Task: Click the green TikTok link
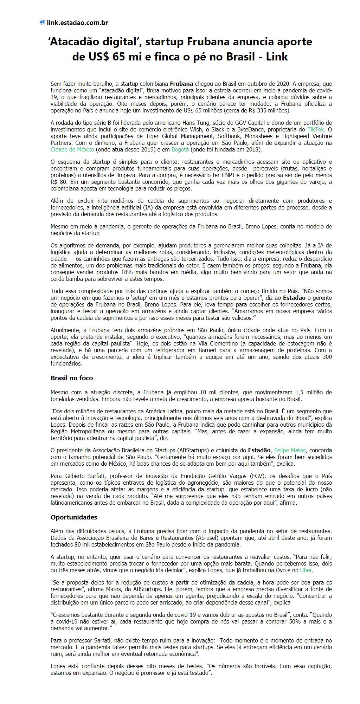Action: (x=315, y=129)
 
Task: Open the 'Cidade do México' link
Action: (x=72, y=149)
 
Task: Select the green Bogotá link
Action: (x=180, y=149)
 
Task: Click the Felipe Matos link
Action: (x=290, y=450)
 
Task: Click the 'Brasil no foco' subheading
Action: (x=72, y=378)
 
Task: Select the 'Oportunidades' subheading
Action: (x=74, y=517)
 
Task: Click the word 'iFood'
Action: (x=301, y=418)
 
